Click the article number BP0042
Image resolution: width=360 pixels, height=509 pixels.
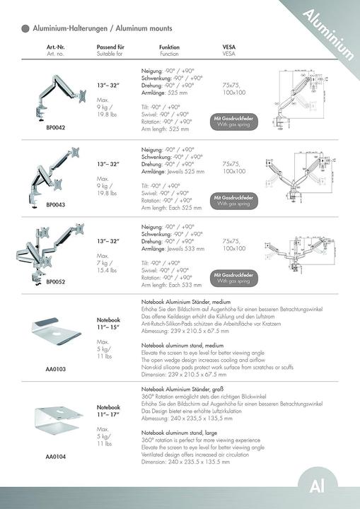[x=56, y=128]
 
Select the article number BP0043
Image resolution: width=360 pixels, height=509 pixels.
[x=56, y=204]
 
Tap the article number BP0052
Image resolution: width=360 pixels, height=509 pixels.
[x=56, y=281]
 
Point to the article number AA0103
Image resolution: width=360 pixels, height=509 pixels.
[x=56, y=369]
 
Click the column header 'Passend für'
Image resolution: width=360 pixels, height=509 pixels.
[x=110, y=47]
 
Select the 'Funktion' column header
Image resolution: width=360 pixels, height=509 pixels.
[x=169, y=47]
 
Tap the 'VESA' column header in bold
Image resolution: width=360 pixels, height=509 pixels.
[x=229, y=47]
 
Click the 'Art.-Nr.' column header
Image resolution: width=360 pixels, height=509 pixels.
[x=56, y=47]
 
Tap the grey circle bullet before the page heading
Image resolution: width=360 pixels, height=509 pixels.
[x=25, y=28]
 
